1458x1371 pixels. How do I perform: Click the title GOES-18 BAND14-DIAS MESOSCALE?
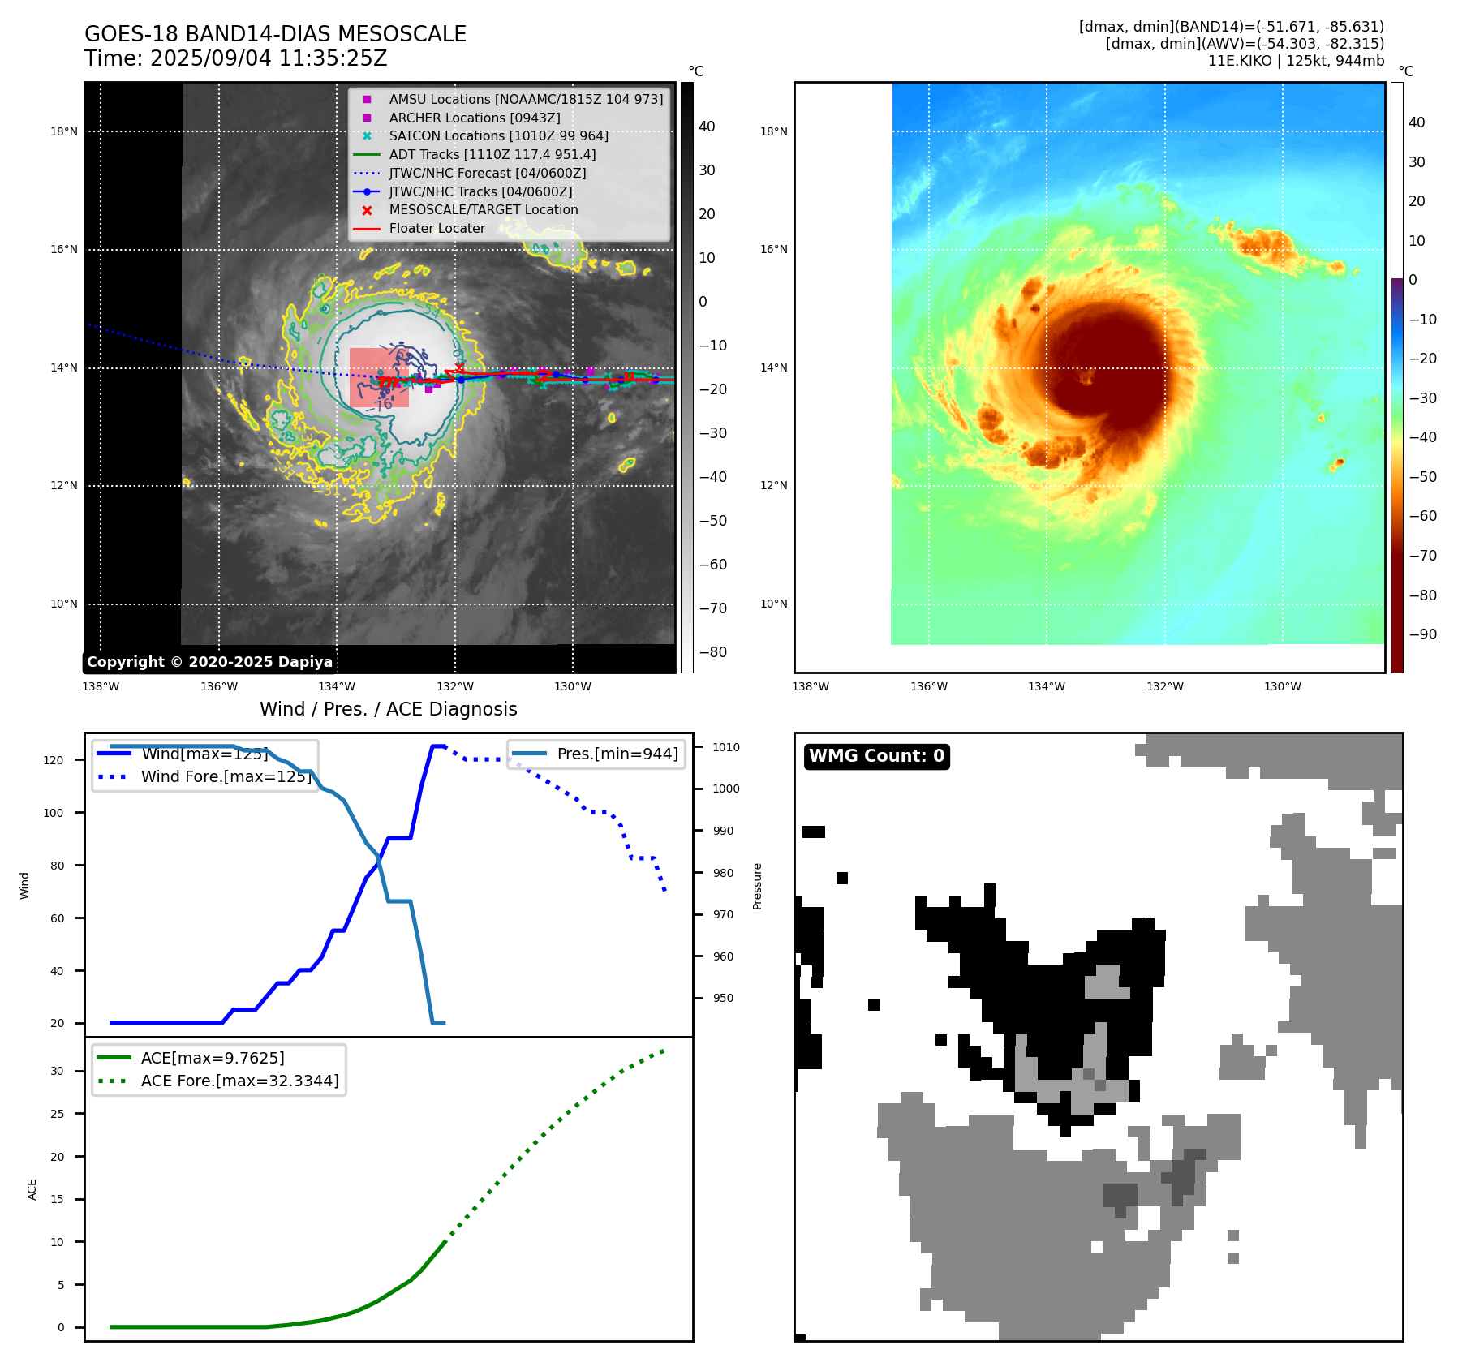pos(275,34)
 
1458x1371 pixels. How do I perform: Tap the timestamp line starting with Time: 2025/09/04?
pos(235,58)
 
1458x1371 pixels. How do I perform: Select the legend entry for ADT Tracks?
pos(492,154)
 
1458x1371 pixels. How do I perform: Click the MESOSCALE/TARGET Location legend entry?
pos(483,209)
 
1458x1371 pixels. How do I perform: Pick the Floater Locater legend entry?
pos(437,228)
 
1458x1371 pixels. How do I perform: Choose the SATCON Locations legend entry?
pos(498,135)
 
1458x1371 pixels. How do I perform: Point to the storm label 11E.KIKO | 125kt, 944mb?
pos(1296,61)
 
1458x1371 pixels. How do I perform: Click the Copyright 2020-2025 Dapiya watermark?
pos(209,662)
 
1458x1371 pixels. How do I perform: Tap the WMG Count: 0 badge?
pos(876,756)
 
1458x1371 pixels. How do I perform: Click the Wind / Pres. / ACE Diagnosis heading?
pos(388,709)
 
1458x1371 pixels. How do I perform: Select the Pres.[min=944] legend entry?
pos(617,754)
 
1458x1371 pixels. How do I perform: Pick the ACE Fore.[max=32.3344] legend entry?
pos(239,1081)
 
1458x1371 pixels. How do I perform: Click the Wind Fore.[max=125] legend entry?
pos(226,776)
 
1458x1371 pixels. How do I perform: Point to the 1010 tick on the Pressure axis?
pos(726,747)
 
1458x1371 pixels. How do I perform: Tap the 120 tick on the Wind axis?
pos(54,760)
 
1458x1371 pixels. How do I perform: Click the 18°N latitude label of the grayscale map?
pos(64,131)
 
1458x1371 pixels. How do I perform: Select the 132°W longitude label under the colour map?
pos(1164,686)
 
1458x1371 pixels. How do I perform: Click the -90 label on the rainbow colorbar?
pos(1422,634)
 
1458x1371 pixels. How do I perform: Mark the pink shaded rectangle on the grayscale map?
pos(379,377)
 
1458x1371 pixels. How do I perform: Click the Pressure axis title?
pos(758,886)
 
